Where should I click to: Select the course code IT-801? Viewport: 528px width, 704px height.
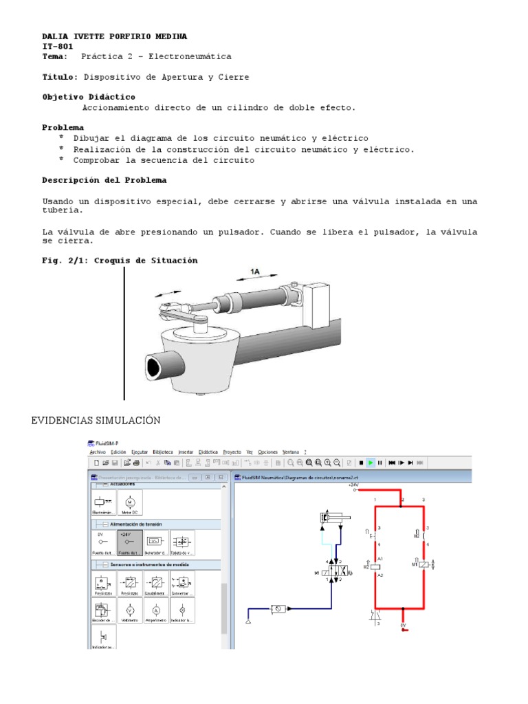(x=58, y=46)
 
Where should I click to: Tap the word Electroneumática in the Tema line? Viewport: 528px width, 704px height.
(x=190, y=56)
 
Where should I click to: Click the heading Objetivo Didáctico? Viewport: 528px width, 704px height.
(x=89, y=97)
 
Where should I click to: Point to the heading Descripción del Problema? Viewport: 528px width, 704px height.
(x=104, y=179)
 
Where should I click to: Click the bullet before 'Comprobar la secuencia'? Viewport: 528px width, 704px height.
(x=61, y=159)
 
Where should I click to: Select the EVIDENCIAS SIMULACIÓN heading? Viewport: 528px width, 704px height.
(x=96, y=419)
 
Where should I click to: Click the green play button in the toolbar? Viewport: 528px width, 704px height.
(x=370, y=463)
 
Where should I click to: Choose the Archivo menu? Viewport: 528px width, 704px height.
(x=98, y=452)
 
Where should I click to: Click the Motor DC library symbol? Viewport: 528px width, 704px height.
(x=130, y=502)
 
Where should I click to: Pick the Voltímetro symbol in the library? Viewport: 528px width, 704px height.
(x=130, y=610)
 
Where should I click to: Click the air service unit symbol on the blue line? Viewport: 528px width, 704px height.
(x=279, y=608)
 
